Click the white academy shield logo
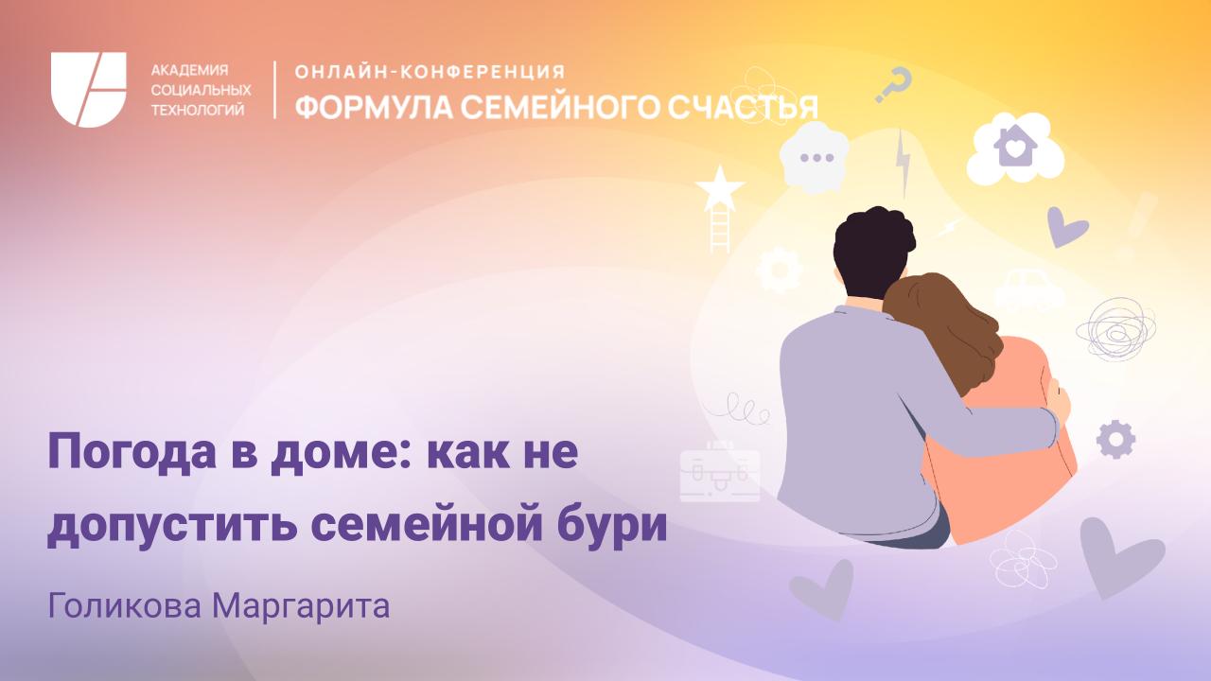89,90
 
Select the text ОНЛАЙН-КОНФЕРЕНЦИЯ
430,72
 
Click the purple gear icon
1115,439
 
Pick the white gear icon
781,269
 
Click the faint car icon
1028,288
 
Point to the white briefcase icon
720,469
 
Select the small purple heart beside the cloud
1067,227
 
